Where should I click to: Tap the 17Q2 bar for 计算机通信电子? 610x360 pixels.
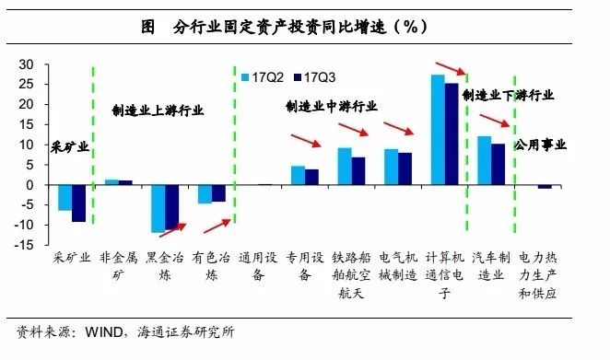click(x=438, y=129)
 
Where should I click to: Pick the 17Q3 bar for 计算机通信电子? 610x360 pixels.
click(x=452, y=134)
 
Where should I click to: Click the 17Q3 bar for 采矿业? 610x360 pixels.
click(x=78, y=203)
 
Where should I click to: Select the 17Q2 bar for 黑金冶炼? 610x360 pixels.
click(x=158, y=208)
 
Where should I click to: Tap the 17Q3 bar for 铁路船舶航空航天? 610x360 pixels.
click(x=358, y=170)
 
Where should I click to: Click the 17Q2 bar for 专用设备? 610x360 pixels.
click(x=298, y=175)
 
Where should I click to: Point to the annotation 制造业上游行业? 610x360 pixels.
click(x=158, y=110)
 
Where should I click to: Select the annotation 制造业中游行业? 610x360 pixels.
click(x=331, y=107)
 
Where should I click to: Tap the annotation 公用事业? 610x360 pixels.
click(x=541, y=145)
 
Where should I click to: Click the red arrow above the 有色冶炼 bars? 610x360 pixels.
click(x=217, y=224)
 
